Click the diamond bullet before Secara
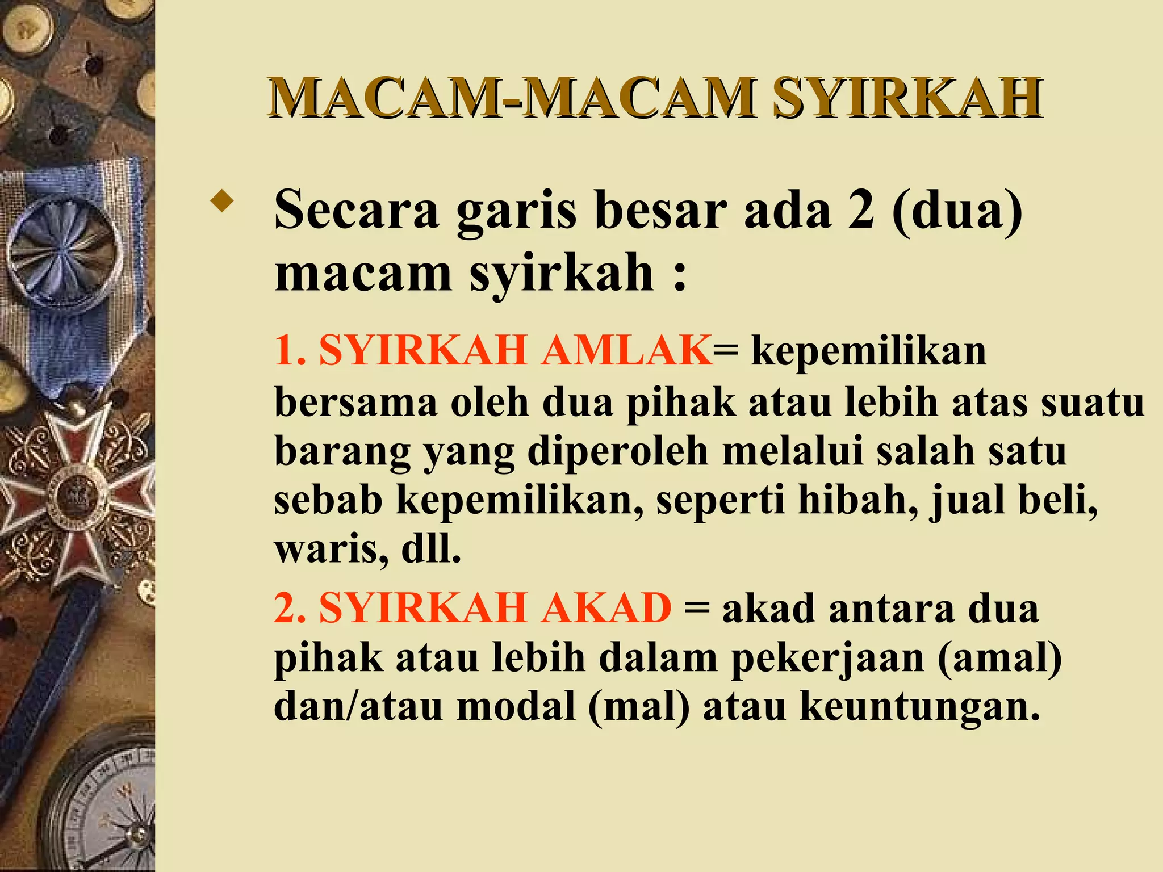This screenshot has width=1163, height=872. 221,202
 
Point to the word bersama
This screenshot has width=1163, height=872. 356,402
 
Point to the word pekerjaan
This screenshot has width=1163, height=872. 827,659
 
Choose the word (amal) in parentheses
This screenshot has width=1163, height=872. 999,659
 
